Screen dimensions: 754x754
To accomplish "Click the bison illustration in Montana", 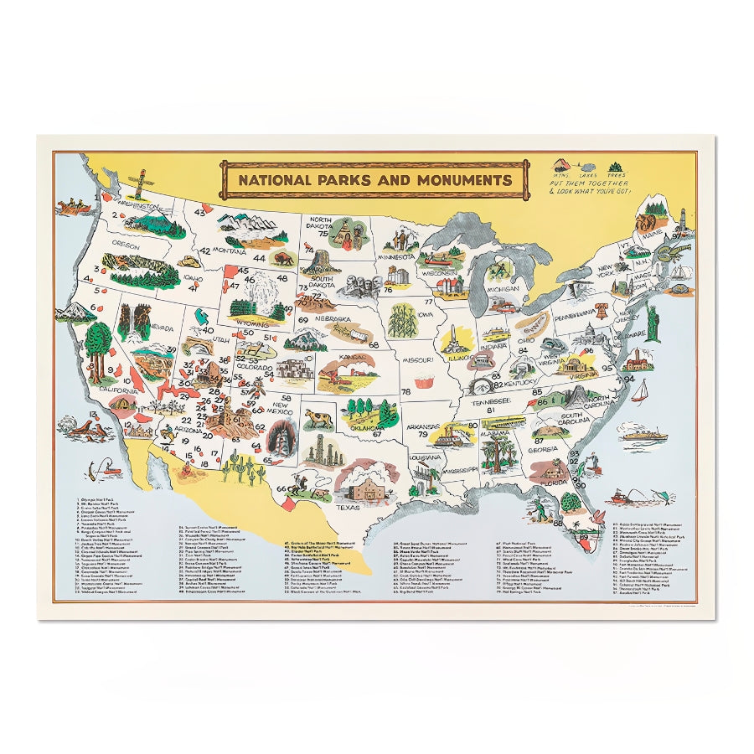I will coord(281,258).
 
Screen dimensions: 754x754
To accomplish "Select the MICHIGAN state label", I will coord(504,288).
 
